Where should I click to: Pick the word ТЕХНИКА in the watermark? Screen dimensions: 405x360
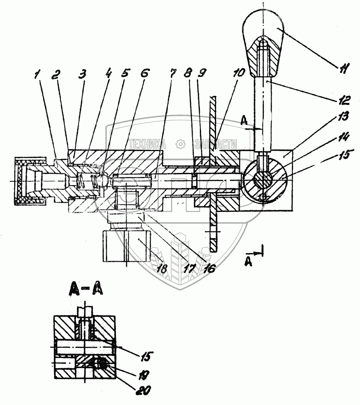147,144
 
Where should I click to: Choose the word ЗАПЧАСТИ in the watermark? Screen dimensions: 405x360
216,144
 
